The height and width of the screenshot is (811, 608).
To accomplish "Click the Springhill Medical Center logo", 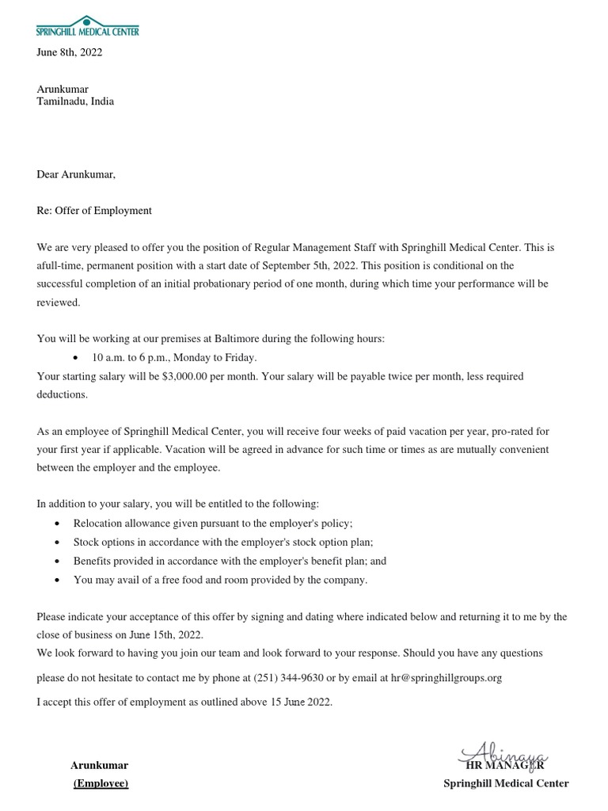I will pos(87,25).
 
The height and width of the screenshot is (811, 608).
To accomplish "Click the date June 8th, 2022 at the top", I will pos(70,53).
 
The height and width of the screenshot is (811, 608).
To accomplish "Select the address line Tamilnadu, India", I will pos(75,101).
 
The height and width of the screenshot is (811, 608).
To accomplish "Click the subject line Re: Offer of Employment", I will pos(94,211).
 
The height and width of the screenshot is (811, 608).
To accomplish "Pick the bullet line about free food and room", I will pos(220,580).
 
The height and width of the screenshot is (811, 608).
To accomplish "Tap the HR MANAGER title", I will pos(505,766).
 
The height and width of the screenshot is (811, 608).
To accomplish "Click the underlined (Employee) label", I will pos(100,783).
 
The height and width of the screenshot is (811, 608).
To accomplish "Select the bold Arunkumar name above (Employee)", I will pos(100,765).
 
